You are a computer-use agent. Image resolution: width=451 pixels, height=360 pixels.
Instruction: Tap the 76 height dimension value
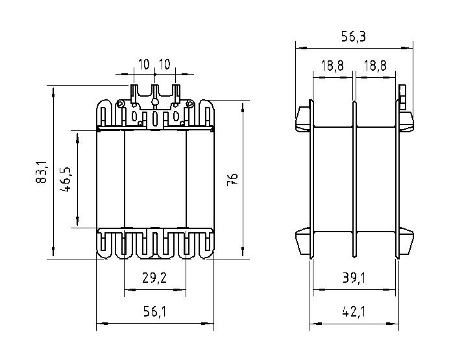click(232, 179)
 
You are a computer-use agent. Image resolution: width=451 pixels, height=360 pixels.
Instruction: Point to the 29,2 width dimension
click(154, 278)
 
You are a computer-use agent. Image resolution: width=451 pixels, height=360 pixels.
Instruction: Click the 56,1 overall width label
click(155, 311)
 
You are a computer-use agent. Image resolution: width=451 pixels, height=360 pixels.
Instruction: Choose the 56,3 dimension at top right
click(354, 36)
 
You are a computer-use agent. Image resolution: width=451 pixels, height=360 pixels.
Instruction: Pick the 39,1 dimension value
click(354, 278)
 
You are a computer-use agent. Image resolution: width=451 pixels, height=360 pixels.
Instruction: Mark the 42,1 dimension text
click(354, 311)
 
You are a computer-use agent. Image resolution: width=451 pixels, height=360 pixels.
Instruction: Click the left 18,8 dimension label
click(332, 66)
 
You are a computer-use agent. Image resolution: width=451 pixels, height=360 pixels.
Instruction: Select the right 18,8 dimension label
click(375, 66)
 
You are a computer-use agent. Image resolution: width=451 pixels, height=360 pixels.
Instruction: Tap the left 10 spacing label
click(144, 64)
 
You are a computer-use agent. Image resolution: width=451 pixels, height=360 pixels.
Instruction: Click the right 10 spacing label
click(165, 64)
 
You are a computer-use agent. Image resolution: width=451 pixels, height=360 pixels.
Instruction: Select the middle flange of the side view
click(354, 179)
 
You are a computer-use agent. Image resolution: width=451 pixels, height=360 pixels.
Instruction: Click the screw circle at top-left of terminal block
click(121, 104)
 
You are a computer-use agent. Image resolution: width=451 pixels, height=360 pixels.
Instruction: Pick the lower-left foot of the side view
click(303, 241)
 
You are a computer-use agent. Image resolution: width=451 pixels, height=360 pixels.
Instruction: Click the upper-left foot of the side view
click(303, 119)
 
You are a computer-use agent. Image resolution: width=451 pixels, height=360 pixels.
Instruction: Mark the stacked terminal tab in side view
click(402, 97)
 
